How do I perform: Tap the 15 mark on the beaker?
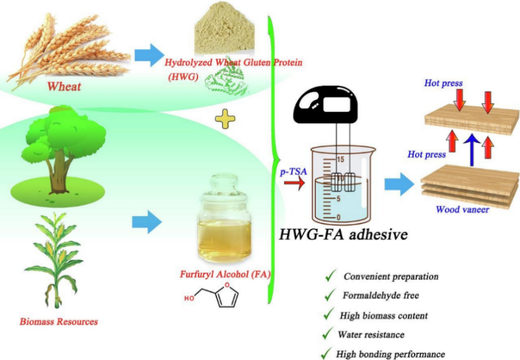pyautogui.click(x=339, y=160)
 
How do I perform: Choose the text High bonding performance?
pyautogui.click(x=390, y=354)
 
